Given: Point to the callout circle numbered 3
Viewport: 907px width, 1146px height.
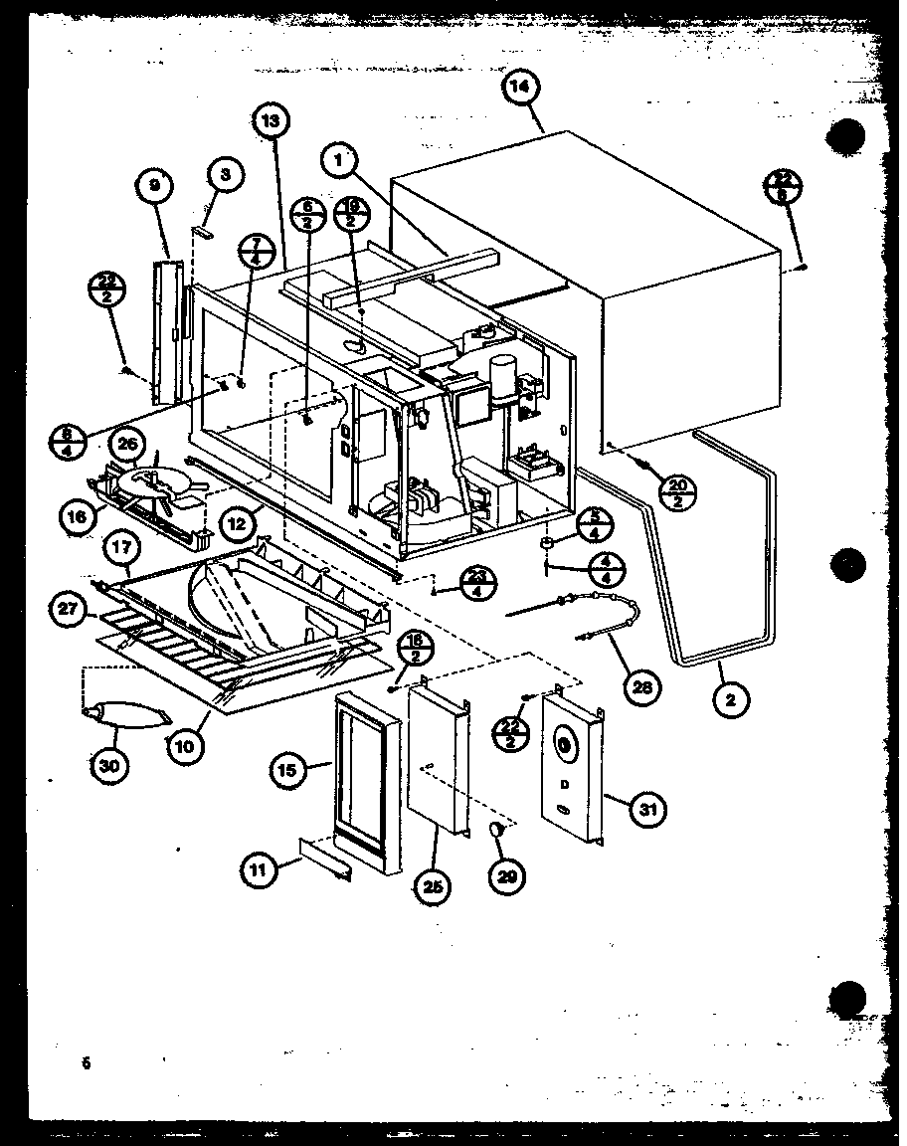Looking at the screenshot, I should click(x=226, y=175).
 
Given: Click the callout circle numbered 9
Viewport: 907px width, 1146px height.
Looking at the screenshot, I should click(x=155, y=186).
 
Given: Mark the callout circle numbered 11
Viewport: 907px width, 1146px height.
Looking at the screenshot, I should click(x=259, y=868).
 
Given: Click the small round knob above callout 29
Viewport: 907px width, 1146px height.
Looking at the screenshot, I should click(x=501, y=832).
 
